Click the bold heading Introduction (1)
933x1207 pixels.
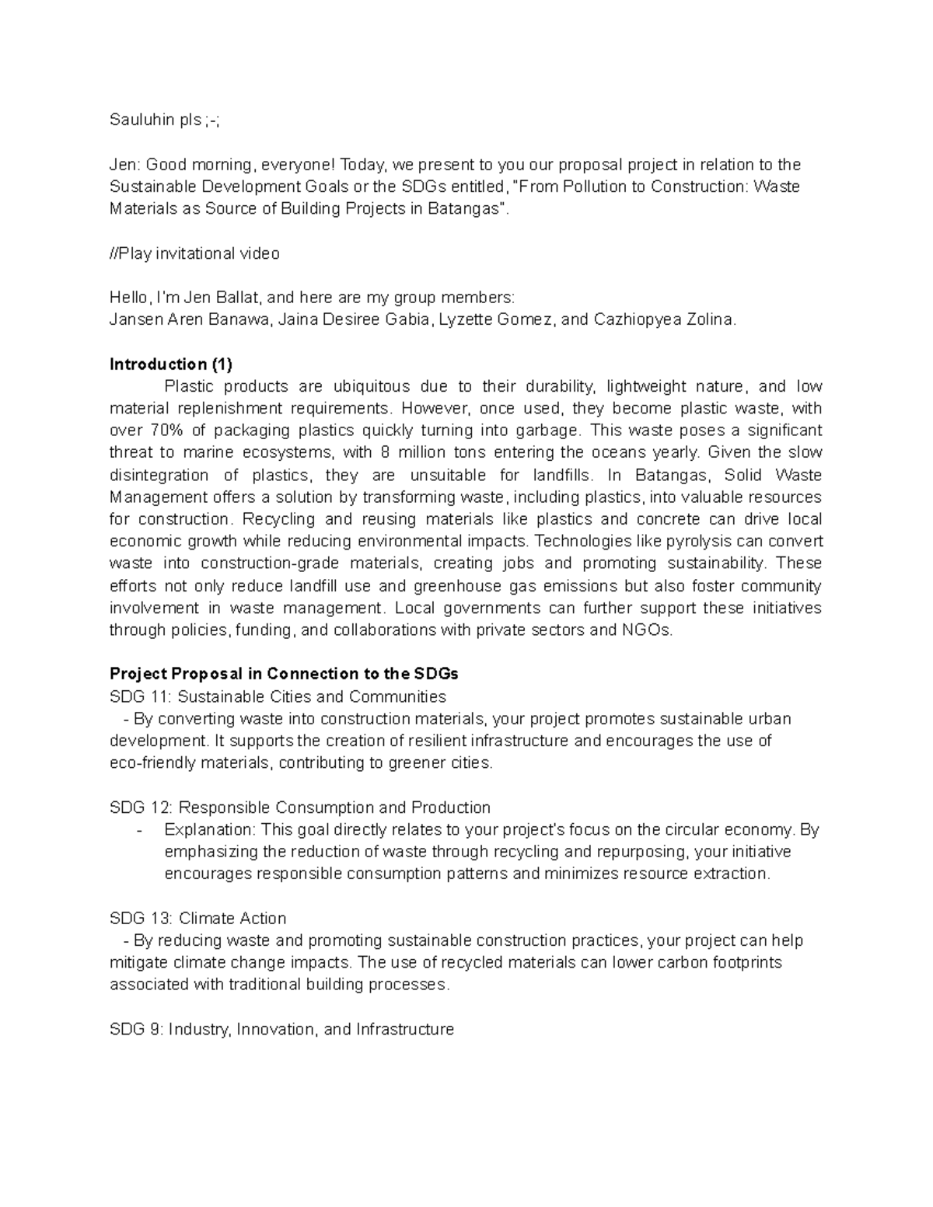171,365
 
